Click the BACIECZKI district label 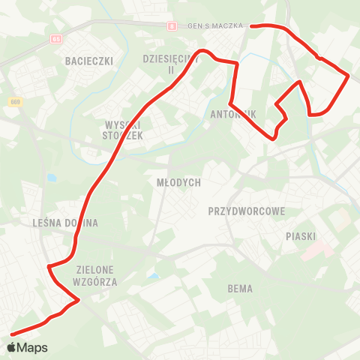[88, 59]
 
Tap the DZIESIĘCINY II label [170, 63]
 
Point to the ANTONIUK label [234, 115]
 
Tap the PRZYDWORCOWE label [247, 211]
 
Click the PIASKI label [301, 236]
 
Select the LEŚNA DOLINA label [66, 223]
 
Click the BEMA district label [240, 289]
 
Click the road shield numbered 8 [172, 26]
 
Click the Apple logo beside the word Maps [10, 347]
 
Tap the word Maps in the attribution [32, 348]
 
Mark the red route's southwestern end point [11, 334]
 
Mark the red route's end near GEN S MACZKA [251, 26]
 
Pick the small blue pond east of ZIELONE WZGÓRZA [154, 277]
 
